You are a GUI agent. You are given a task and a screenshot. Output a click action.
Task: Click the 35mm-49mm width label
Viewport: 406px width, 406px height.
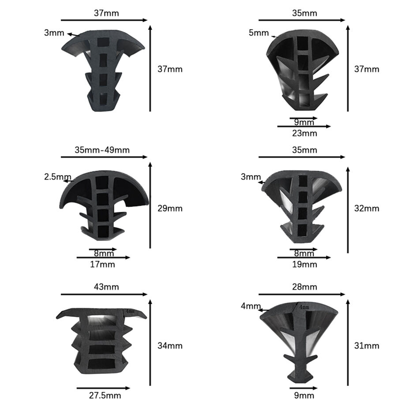coord(102,150)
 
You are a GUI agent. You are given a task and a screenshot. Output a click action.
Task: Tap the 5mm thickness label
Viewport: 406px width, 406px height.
coord(259,33)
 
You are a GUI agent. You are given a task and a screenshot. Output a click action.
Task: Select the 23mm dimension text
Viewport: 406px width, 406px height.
coord(304,133)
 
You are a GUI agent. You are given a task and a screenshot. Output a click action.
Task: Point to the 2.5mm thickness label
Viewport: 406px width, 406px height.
coord(57,177)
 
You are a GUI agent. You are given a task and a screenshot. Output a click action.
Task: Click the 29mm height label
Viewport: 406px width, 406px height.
coord(170,208)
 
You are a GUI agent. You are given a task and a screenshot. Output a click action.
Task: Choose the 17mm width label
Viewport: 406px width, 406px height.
coord(102,264)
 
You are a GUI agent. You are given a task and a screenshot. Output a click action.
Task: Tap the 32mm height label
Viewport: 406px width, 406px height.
coord(367,208)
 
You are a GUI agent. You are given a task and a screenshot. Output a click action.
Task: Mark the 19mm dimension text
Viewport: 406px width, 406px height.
coord(304,264)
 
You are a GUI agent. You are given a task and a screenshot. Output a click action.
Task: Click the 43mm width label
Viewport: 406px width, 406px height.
coord(106,287)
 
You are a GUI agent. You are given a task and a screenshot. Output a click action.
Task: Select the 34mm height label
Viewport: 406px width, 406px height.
coord(170,346)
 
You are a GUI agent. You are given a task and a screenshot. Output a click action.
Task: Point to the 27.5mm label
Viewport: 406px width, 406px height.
coord(103,395)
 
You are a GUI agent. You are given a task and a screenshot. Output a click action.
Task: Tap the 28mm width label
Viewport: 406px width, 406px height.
coord(304,287)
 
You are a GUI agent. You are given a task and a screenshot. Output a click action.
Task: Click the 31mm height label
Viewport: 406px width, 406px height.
coord(367,346)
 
